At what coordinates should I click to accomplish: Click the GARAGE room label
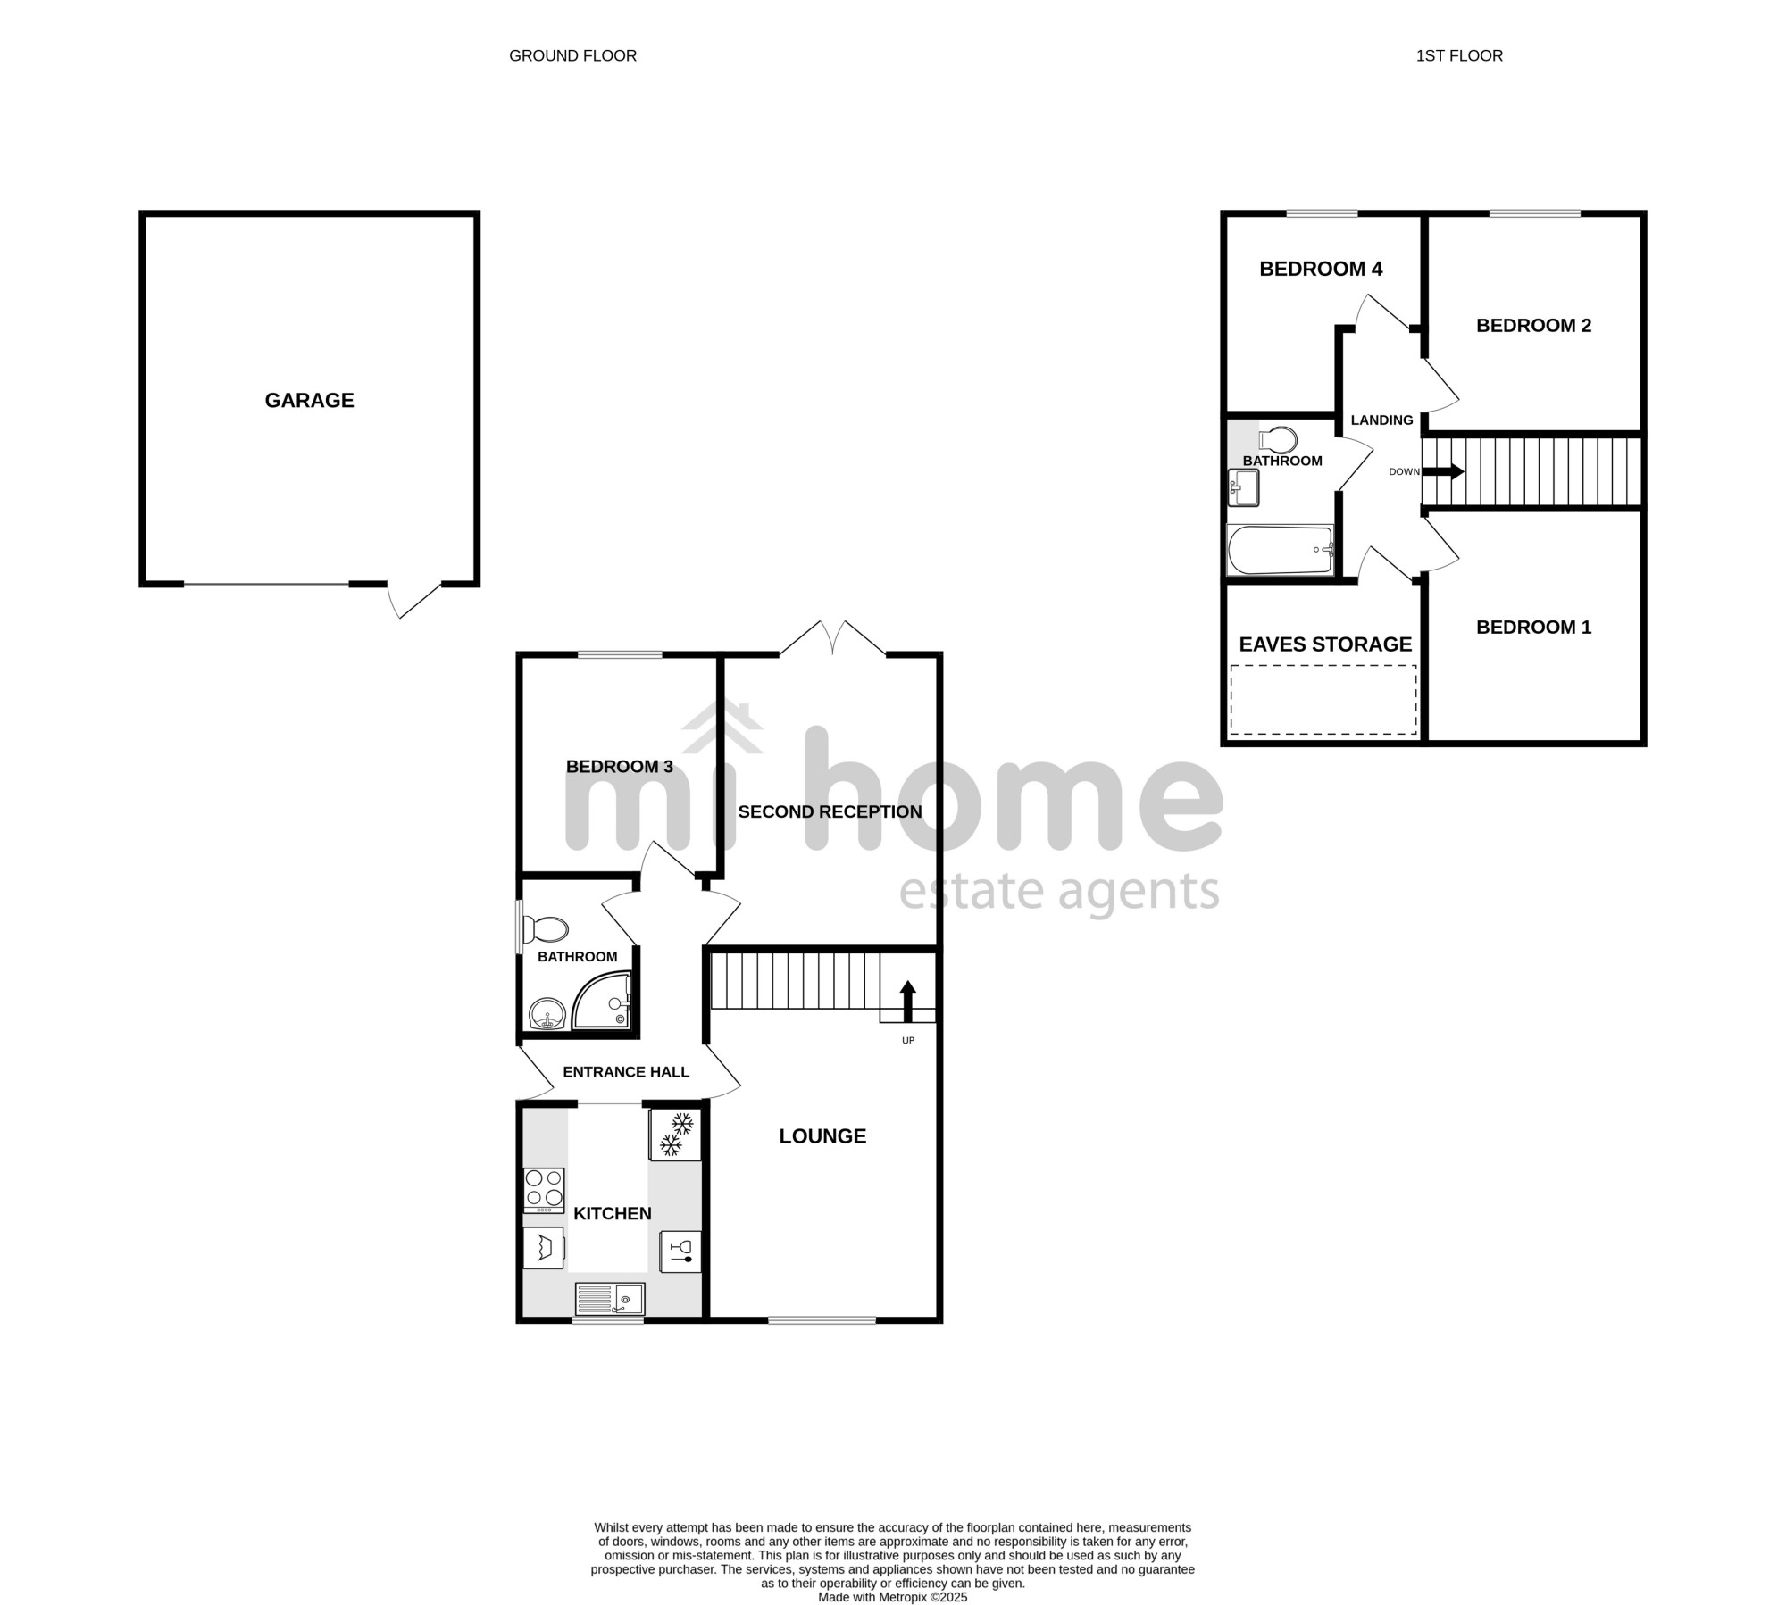(309, 400)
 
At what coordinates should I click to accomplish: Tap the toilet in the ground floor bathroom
(546, 929)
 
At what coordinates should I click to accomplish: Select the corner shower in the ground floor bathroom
(602, 1002)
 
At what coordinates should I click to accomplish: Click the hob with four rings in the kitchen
(544, 1190)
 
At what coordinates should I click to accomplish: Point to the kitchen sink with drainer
(610, 1299)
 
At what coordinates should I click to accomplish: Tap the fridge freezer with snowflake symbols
(675, 1135)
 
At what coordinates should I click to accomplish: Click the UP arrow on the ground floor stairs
(907, 1001)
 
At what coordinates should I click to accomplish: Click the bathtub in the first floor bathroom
(1281, 550)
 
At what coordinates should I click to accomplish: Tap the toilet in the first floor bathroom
(1278, 440)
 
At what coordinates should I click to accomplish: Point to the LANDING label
(1381, 420)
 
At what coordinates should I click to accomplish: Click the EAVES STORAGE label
(1325, 644)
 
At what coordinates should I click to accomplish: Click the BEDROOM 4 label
(1321, 269)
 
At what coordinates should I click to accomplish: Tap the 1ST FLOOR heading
(1459, 55)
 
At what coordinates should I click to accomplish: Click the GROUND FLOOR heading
(572, 55)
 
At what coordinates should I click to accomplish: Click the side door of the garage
(415, 600)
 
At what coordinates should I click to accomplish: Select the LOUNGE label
(822, 1136)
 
